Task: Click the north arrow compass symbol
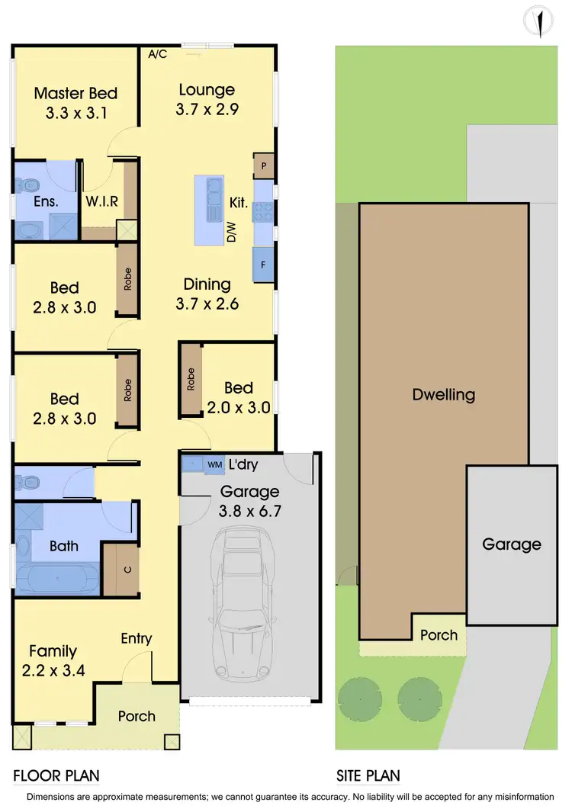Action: point(540,22)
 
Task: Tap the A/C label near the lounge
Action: point(158,54)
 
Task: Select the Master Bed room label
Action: point(76,94)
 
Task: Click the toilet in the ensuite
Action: point(29,185)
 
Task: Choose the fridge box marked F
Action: point(263,265)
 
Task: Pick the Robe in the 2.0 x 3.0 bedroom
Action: point(191,380)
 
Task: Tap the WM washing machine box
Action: point(214,464)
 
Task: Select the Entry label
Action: point(137,639)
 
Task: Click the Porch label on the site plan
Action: point(439,634)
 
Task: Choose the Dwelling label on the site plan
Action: point(443,395)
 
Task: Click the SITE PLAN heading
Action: point(368,776)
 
